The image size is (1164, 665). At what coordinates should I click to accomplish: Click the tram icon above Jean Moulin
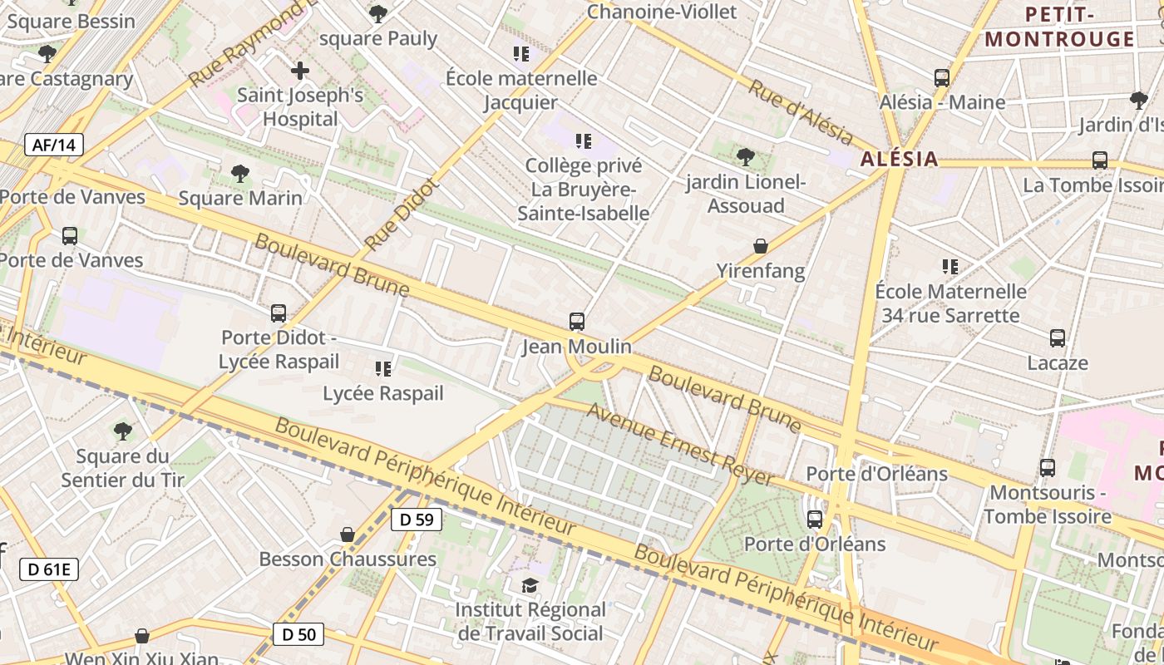[576, 321]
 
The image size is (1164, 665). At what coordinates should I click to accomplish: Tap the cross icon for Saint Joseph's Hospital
[300, 70]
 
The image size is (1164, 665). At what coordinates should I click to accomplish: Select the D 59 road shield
[416, 520]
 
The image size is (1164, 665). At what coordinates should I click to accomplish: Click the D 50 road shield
[298, 634]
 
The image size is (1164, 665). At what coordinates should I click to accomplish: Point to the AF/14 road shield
[54, 145]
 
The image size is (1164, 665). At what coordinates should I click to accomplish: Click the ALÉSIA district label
[899, 159]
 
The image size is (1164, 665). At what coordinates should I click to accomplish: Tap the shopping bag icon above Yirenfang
[760, 245]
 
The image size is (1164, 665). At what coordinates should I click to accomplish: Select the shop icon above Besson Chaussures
[348, 534]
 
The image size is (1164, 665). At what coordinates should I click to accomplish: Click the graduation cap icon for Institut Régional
[530, 586]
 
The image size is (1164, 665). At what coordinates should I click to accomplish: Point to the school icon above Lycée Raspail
[382, 368]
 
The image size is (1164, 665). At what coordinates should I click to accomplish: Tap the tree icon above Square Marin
[240, 174]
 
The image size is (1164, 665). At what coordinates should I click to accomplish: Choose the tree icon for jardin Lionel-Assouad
[746, 156]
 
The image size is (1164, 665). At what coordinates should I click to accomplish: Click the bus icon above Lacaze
[1057, 338]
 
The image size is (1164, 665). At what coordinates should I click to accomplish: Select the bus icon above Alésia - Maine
[941, 77]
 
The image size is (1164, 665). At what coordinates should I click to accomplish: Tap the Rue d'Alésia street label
[801, 112]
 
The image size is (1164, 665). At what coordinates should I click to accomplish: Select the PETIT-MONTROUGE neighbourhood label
[1059, 27]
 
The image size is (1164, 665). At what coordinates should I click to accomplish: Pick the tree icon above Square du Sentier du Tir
[123, 431]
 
